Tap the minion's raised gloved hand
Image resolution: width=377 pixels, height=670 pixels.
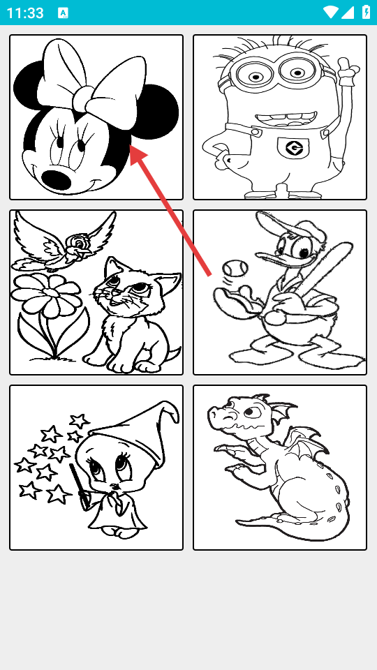coord(348,70)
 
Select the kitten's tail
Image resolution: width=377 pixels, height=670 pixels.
coord(174,355)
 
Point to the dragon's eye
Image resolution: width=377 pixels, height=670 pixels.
coord(251,412)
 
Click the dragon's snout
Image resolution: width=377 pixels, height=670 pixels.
coord(219,414)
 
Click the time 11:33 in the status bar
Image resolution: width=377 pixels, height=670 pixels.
coord(25,13)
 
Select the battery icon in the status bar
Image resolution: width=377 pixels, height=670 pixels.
coord(366,12)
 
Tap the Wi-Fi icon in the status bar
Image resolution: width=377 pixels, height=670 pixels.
coord(330,12)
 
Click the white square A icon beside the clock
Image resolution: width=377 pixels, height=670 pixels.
coord(63,13)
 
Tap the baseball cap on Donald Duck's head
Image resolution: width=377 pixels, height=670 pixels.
coord(282,225)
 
